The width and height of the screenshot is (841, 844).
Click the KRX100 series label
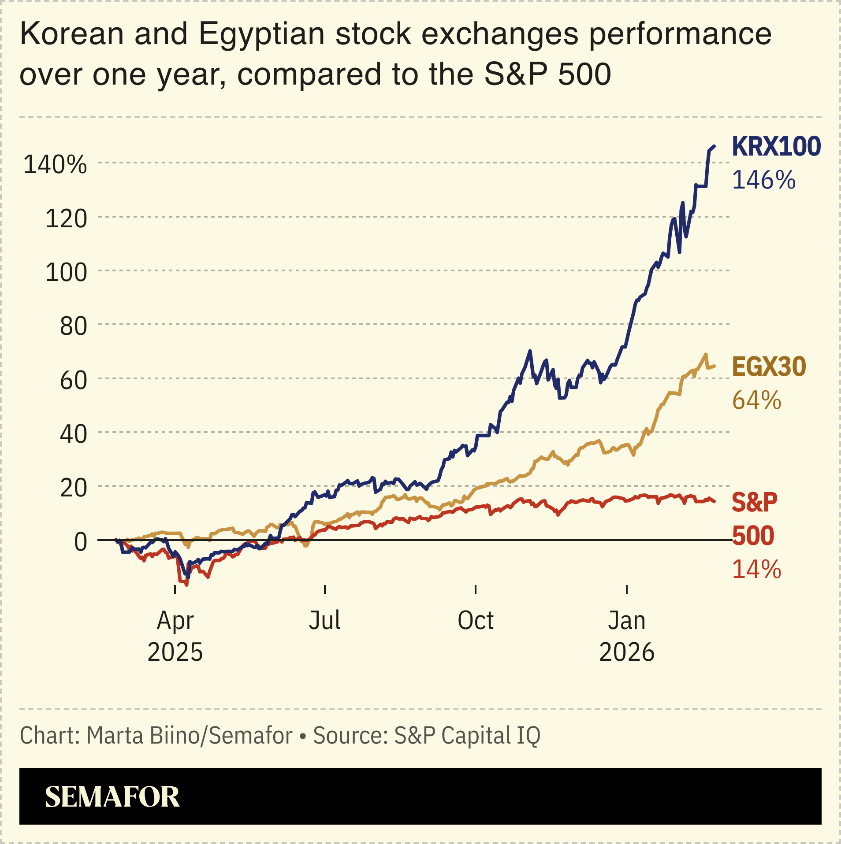point(776,147)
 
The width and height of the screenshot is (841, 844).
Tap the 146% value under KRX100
point(763,181)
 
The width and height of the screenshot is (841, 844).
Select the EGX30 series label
point(769,366)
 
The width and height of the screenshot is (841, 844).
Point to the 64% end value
point(756,400)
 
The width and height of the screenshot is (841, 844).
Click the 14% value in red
point(756,569)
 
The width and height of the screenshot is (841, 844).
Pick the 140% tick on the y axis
point(55,165)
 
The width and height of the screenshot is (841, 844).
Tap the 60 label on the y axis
point(73,380)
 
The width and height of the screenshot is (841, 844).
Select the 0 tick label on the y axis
point(80,542)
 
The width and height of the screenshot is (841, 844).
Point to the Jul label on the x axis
point(324,620)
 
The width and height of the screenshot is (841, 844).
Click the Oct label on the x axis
point(475,620)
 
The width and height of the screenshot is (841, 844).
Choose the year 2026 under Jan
point(626,652)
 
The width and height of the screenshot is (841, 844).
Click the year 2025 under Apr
point(175,652)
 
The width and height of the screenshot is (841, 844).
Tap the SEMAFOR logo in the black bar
point(112,796)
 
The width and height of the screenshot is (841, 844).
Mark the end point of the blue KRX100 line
point(714,146)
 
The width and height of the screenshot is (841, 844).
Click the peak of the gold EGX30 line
point(706,354)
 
